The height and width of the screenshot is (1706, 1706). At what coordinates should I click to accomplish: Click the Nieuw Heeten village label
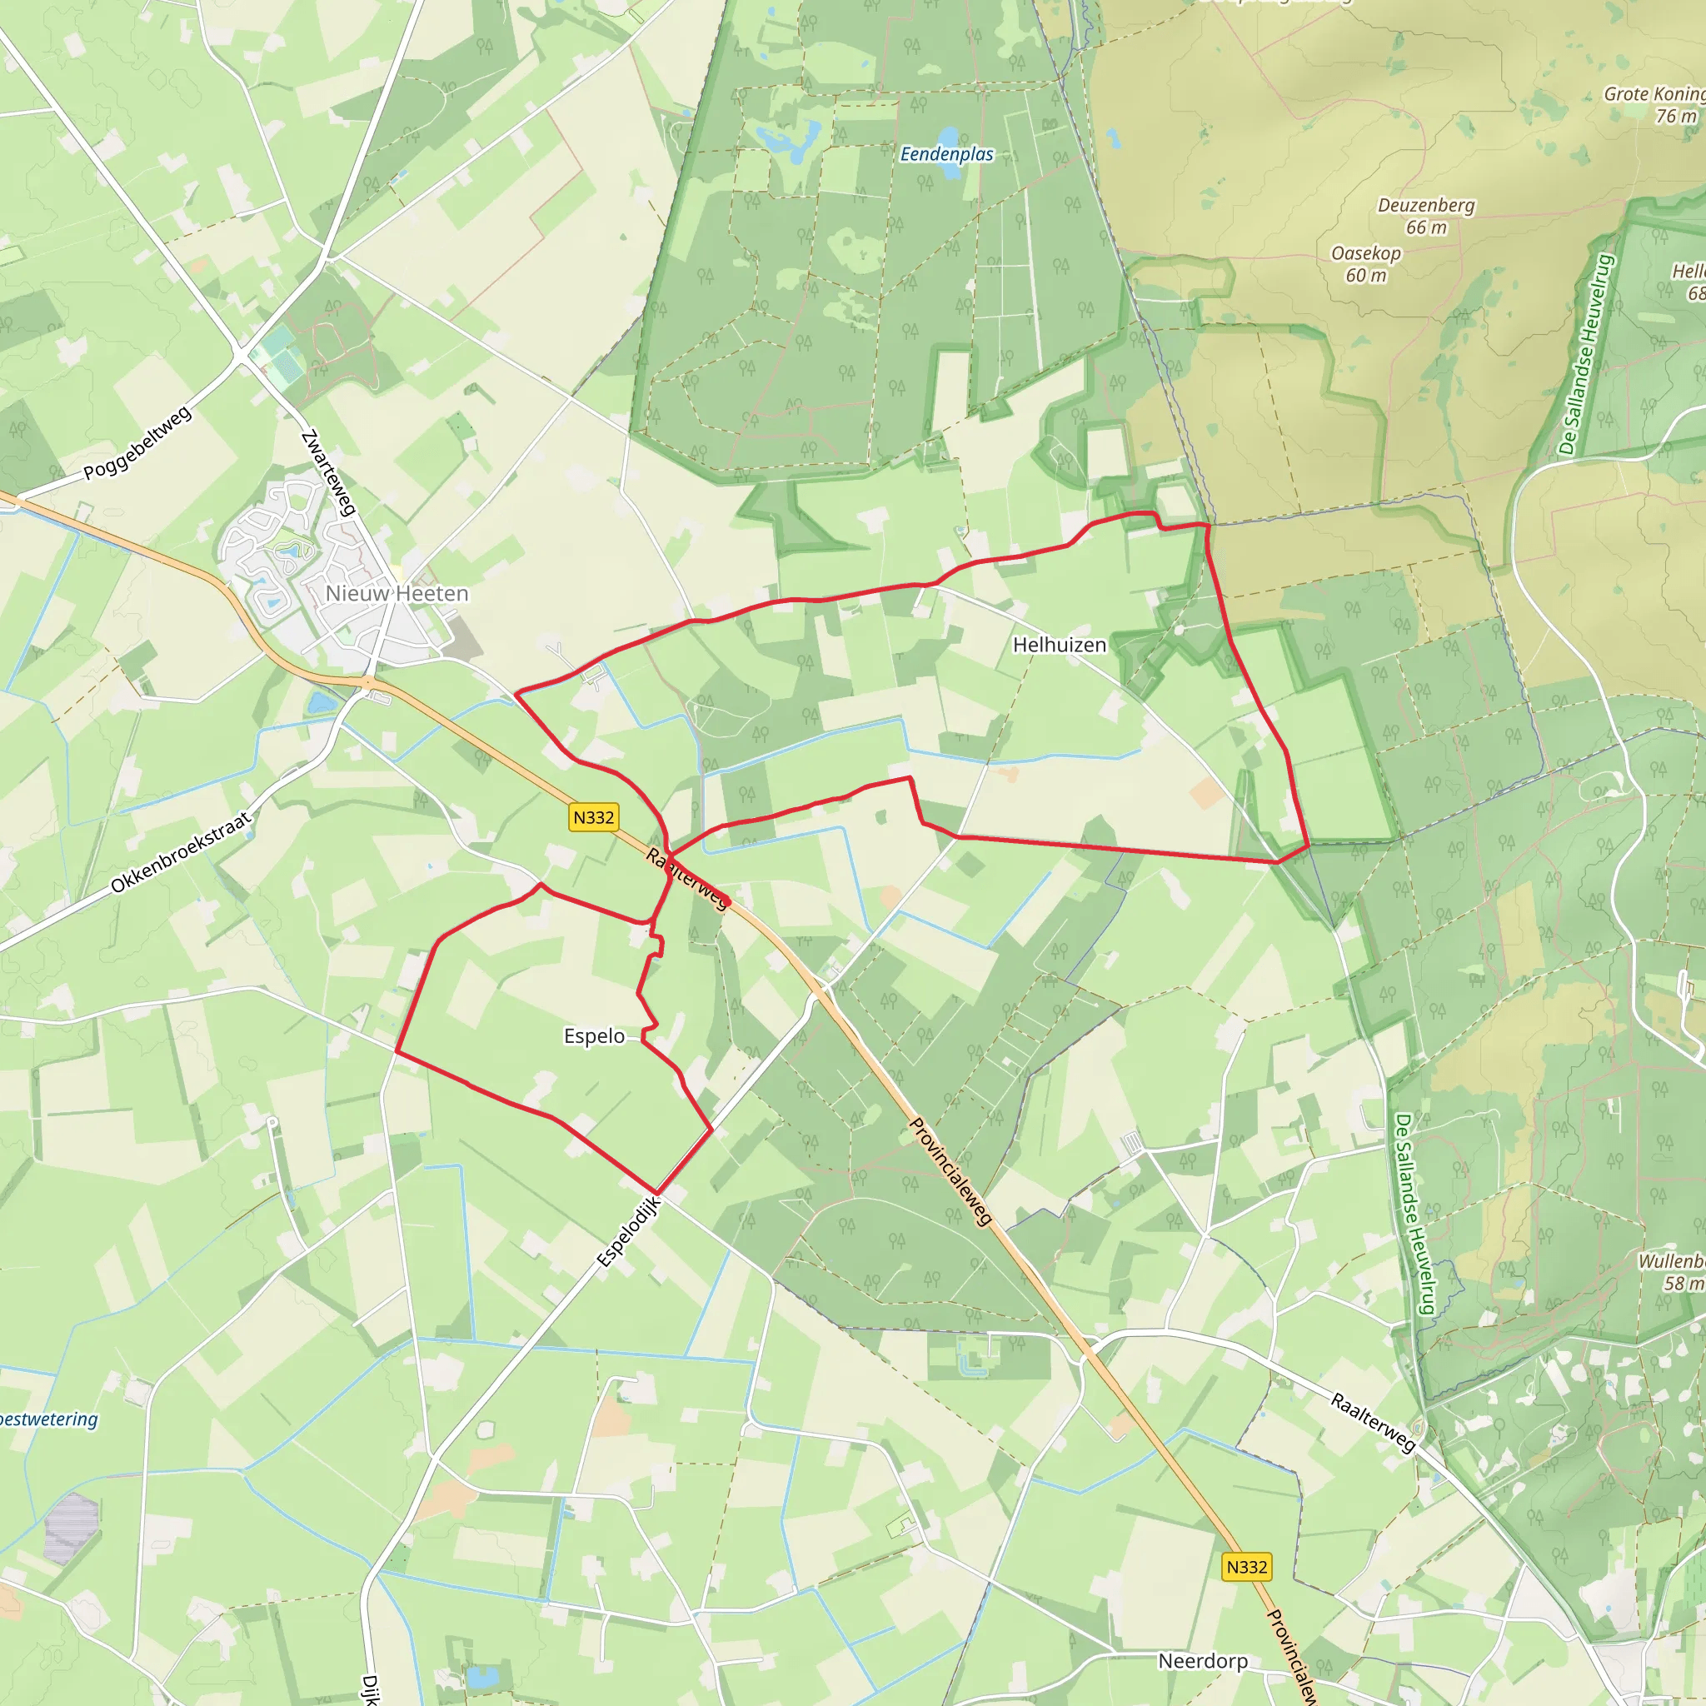[x=397, y=593]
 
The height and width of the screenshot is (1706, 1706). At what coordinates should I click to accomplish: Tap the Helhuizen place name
[x=1059, y=646]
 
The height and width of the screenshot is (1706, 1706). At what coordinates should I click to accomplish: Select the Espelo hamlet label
[x=594, y=1035]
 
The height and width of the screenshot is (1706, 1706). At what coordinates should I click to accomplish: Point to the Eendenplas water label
[x=946, y=155]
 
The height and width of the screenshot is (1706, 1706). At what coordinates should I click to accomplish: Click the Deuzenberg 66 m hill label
[x=1426, y=217]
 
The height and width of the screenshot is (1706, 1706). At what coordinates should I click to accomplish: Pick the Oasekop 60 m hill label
[x=1366, y=264]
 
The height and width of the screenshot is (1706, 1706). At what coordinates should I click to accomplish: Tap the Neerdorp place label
[x=1203, y=1661]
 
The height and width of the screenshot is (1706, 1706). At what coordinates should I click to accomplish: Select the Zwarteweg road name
[x=328, y=472]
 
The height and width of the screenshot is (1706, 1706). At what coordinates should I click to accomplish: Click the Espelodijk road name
[x=628, y=1232]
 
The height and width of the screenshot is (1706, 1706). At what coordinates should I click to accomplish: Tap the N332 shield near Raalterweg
[x=593, y=818]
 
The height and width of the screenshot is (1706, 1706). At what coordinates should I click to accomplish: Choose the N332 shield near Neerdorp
[x=1247, y=1567]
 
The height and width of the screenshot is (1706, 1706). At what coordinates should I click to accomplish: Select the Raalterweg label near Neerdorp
[x=1374, y=1423]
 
